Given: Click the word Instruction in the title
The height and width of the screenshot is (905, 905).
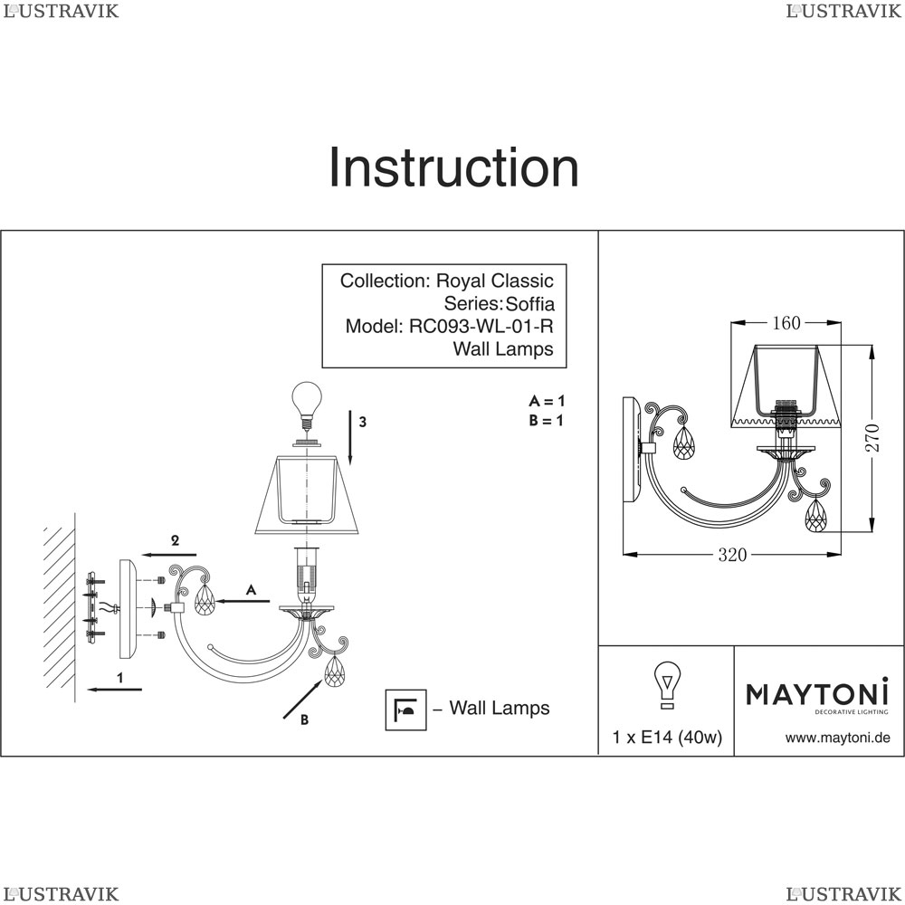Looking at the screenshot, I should [452, 168].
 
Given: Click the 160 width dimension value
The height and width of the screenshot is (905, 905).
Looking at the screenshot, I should [785, 323].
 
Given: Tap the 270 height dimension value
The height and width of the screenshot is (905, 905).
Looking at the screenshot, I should [872, 439].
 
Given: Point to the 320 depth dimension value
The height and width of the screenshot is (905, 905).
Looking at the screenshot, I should [732, 555].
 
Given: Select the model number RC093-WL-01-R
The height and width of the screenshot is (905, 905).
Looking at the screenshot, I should [481, 326].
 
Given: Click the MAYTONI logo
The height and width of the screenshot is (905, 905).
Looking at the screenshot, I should [817, 694].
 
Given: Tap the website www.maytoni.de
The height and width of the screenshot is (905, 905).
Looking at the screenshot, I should [837, 738].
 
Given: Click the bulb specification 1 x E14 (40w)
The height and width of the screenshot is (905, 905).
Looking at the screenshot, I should [667, 738].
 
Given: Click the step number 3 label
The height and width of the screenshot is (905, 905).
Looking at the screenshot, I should [362, 422].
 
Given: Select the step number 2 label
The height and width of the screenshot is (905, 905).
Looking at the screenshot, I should [176, 540].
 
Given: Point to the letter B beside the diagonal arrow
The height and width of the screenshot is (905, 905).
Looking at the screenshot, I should [304, 720].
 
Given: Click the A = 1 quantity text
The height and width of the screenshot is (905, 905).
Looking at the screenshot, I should [547, 400].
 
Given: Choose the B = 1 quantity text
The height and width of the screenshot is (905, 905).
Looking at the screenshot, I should [547, 420].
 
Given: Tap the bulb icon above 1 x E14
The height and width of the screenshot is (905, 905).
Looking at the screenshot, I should [668, 684].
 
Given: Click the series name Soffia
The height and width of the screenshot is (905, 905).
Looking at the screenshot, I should [529, 303].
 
